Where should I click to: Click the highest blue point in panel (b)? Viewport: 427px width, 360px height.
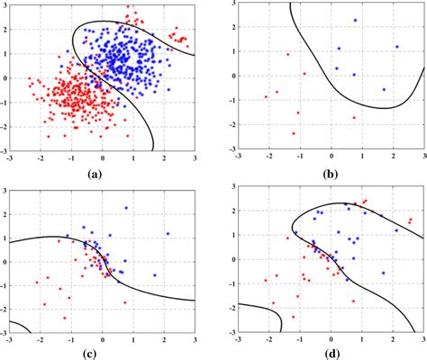point(355,20)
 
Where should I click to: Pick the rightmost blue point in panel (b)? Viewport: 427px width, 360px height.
point(396,47)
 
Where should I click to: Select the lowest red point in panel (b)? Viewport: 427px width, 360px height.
point(294,133)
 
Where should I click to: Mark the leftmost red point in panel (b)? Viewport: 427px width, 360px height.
point(266,96)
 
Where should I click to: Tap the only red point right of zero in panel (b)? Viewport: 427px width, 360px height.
point(354,117)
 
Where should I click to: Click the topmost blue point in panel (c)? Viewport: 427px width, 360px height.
point(126,208)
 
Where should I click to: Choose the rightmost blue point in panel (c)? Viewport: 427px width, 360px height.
point(168,234)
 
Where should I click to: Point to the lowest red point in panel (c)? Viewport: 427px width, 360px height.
point(64,318)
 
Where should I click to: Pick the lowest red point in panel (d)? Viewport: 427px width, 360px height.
point(294,317)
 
